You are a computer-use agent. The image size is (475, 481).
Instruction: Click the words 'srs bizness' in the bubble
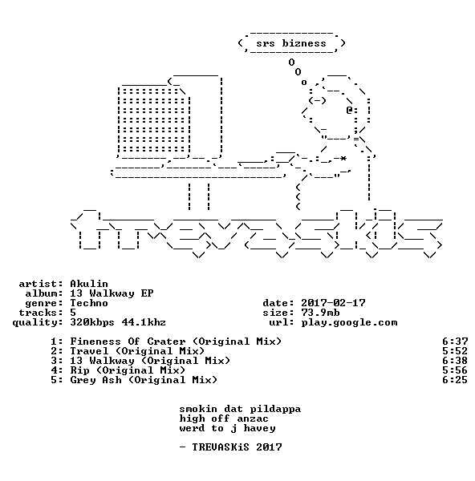click(291, 43)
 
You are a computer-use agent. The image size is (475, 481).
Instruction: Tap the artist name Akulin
click(89, 284)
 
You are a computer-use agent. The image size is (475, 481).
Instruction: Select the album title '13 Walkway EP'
click(112, 293)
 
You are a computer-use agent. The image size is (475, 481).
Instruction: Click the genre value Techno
click(89, 303)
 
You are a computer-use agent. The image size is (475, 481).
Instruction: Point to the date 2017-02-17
click(333, 303)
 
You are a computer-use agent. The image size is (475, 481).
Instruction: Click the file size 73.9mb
click(320, 313)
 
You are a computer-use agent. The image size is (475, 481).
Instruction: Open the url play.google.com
click(349, 322)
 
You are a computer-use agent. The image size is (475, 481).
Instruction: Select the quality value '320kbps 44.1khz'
click(118, 322)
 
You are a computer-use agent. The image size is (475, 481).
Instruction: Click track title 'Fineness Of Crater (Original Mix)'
click(176, 342)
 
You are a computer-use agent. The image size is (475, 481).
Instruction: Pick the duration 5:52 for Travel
click(455, 351)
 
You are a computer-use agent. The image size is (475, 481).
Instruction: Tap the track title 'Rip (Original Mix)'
click(128, 370)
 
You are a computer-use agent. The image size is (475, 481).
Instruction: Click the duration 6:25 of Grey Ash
click(455, 380)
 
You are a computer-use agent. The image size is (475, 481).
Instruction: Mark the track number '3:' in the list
click(57, 361)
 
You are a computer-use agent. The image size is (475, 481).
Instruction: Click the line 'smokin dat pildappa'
click(240, 409)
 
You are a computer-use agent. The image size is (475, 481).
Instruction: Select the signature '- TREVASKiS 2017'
click(230, 447)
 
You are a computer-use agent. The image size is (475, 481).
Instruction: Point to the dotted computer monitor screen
click(154, 120)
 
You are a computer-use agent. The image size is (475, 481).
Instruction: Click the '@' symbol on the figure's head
click(349, 110)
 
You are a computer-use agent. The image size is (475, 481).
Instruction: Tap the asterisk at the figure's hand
click(343, 158)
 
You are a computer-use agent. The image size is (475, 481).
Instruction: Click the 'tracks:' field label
click(41, 313)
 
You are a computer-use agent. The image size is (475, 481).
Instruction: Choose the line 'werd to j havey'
click(227, 428)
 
